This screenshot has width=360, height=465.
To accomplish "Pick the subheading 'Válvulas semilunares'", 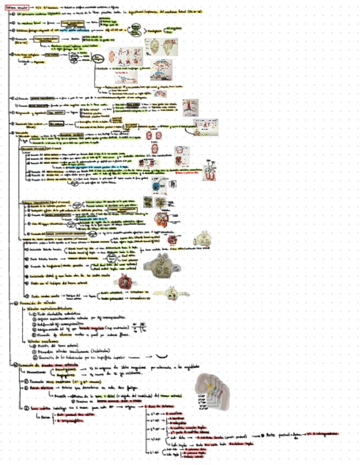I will (x=42, y=341).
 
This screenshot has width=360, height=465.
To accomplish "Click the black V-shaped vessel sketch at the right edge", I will (x=210, y=171).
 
